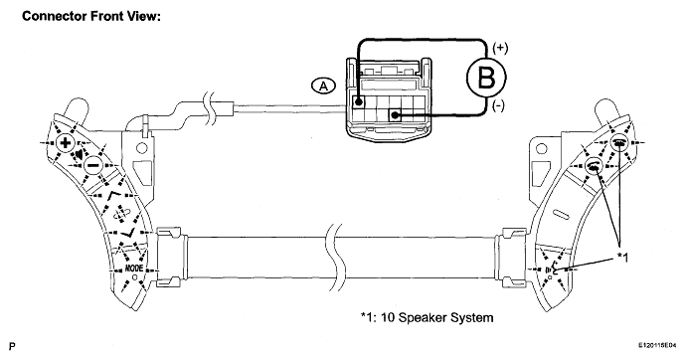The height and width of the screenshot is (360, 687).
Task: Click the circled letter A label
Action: tap(323, 86)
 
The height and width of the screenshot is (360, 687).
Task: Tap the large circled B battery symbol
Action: tap(486, 78)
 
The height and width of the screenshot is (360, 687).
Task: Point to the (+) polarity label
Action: tap(500, 48)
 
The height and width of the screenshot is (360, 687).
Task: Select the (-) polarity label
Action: tap(498, 105)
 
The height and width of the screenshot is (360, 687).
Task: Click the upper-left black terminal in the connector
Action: tap(359, 102)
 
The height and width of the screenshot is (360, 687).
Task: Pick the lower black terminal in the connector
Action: tap(395, 115)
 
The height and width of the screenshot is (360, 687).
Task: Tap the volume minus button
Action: tap(92, 165)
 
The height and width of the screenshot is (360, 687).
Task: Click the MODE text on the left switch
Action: tap(133, 268)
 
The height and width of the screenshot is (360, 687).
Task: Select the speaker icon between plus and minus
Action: tap(80, 154)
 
